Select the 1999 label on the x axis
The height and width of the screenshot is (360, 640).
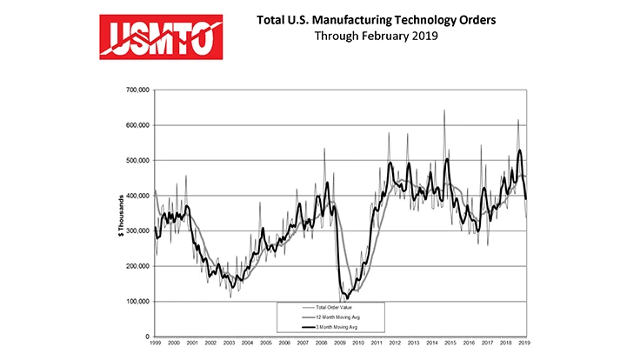click(156, 344)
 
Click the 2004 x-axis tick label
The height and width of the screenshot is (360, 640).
click(247, 344)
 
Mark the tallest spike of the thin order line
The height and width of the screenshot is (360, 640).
click(445, 110)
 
